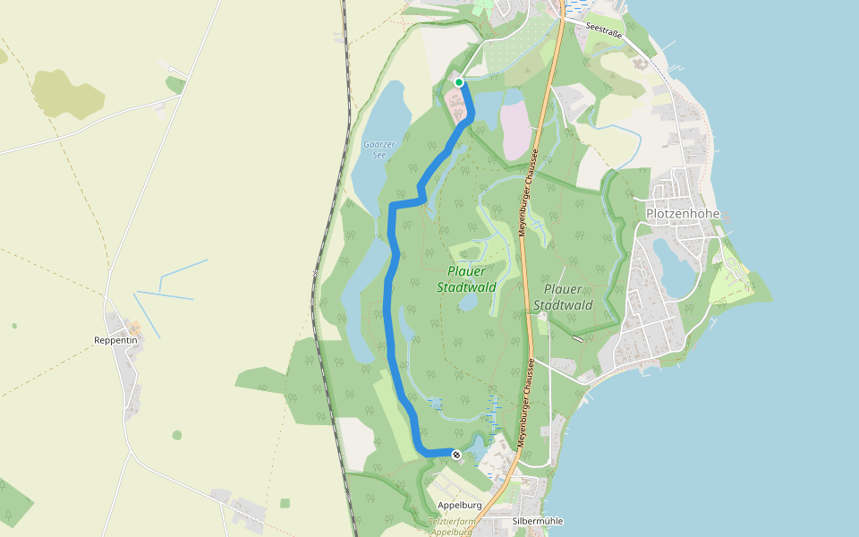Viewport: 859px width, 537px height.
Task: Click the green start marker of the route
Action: [x=459, y=82]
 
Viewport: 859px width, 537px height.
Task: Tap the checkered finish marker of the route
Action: [x=456, y=455]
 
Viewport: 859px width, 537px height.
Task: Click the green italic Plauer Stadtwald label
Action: [x=466, y=279]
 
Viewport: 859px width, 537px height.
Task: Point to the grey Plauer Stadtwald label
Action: [x=563, y=297]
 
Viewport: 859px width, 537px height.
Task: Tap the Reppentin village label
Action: [x=115, y=340]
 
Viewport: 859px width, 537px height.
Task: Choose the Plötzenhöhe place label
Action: [x=683, y=214]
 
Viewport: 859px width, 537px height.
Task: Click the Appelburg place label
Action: [x=460, y=506]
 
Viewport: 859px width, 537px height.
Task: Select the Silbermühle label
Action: [x=538, y=520]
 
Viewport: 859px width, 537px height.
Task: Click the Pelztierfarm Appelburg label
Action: [x=450, y=526]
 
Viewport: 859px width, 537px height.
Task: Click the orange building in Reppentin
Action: [x=135, y=328]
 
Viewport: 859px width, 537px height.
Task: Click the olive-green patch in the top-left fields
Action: [x=68, y=93]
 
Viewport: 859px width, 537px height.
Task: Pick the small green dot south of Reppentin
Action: [x=177, y=436]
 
